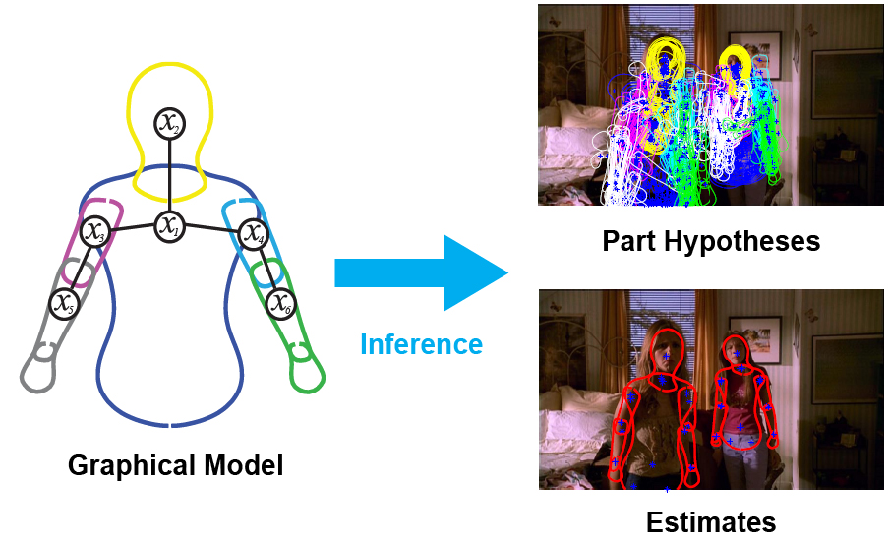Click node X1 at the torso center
[170, 227]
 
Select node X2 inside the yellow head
[170, 123]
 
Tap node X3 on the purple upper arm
[95, 232]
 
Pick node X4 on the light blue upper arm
[253, 235]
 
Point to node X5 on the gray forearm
[65, 302]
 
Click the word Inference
[421, 344]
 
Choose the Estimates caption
[711, 520]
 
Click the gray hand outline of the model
[38, 374]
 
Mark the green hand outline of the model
[308, 372]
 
